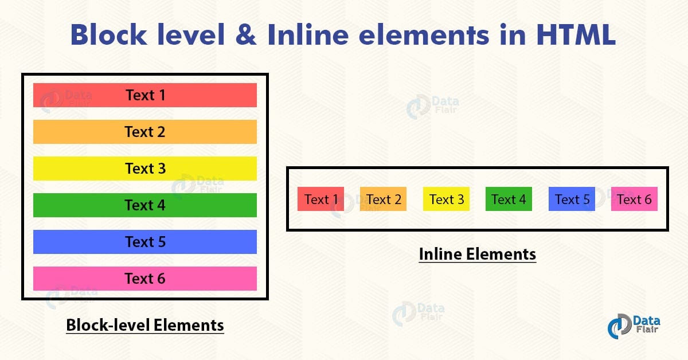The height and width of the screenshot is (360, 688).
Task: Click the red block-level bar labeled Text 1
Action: pyautogui.click(x=144, y=95)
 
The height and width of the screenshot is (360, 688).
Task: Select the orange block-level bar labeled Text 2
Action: pyautogui.click(x=144, y=132)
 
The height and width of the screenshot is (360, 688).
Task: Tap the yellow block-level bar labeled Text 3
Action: pyautogui.click(x=144, y=169)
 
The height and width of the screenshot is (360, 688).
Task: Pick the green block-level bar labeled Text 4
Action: pyautogui.click(x=144, y=205)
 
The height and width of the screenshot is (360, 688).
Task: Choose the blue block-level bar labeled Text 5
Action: pyautogui.click(x=144, y=242)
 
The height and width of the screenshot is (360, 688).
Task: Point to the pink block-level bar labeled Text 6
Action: pyautogui.click(x=144, y=279)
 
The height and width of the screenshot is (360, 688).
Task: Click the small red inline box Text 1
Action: pyautogui.click(x=320, y=199)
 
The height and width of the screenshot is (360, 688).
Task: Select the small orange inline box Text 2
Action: pyautogui.click(x=383, y=199)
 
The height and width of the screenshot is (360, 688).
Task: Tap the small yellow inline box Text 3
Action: pyautogui.click(x=446, y=199)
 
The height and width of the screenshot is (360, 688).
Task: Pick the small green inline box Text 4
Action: pyautogui.click(x=509, y=199)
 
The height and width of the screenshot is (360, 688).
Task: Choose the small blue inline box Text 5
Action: pyautogui.click(x=572, y=199)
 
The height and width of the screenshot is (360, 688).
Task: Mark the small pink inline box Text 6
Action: pyautogui.click(x=634, y=199)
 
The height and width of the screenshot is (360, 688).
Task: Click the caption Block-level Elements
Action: pyautogui.click(x=144, y=326)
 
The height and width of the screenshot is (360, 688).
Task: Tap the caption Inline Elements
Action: pyautogui.click(x=477, y=254)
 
